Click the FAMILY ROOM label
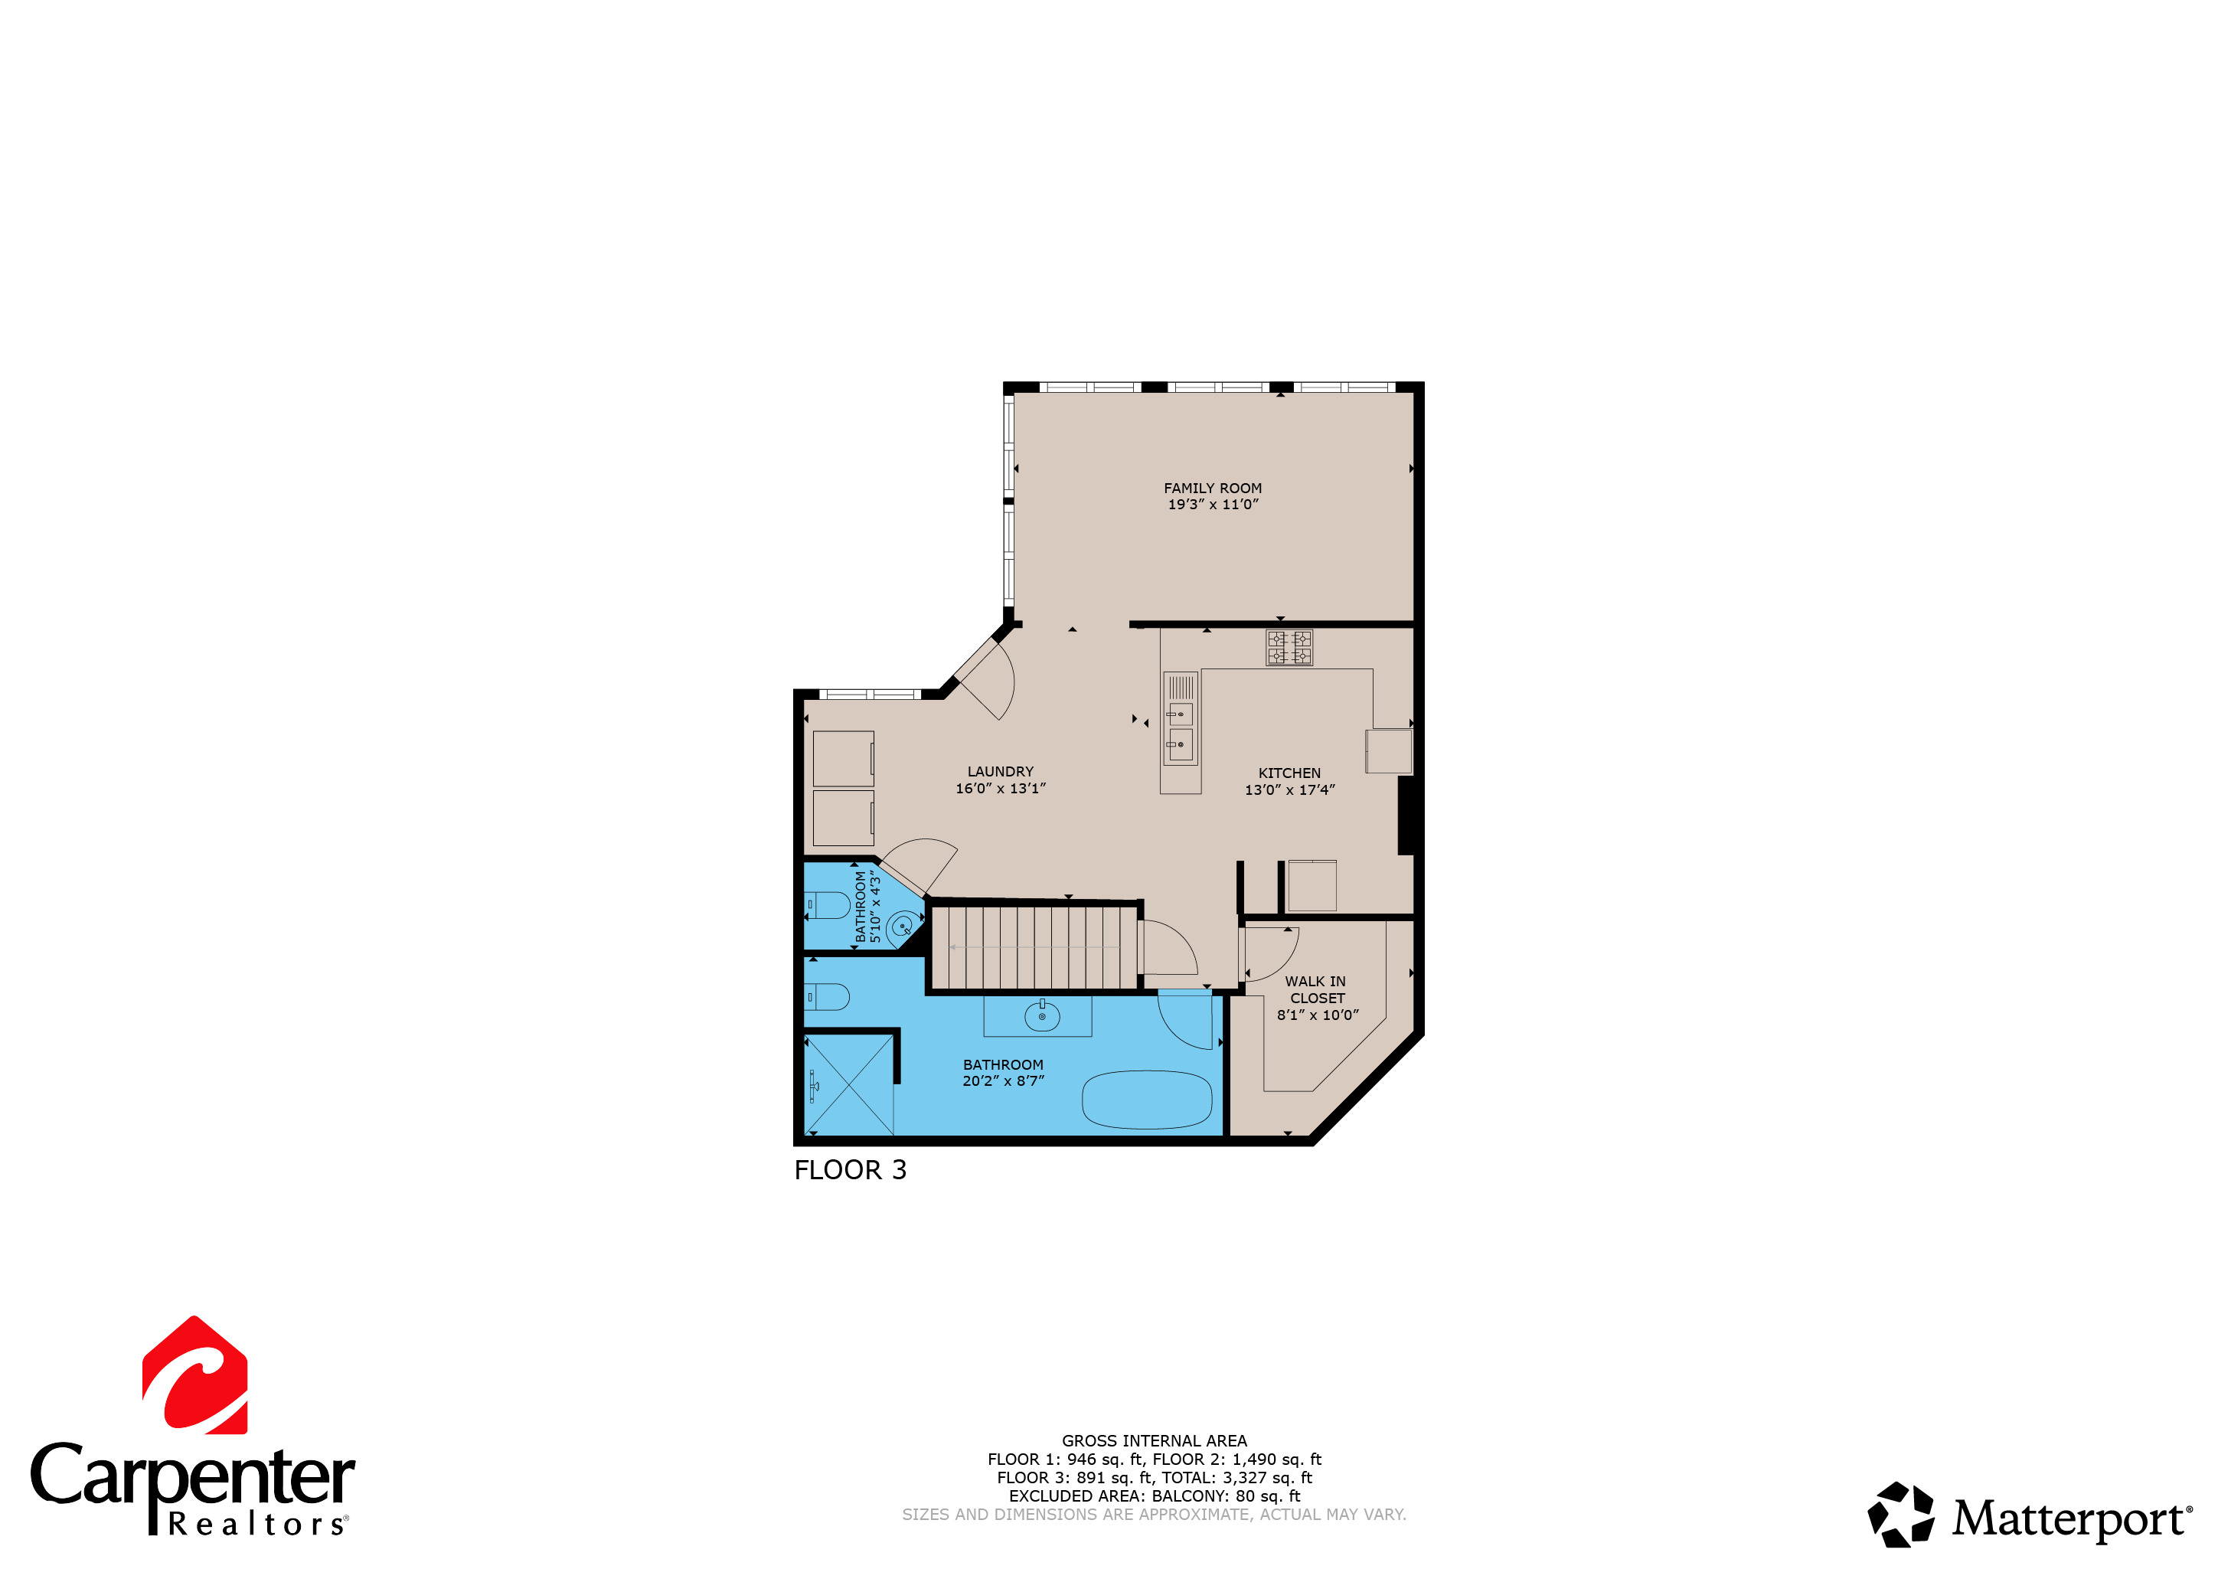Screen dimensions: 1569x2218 (x=1213, y=489)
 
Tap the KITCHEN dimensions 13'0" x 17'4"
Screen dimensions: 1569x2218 (x=1289, y=790)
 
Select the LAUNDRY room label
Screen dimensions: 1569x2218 (x=1000, y=772)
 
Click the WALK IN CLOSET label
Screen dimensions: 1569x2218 (x=1316, y=989)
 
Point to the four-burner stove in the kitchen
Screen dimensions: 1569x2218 (x=1289, y=647)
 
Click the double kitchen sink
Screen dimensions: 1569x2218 (x=1180, y=731)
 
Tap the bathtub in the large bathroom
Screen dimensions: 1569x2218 (x=1147, y=1100)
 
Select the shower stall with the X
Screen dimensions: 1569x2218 (x=849, y=1085)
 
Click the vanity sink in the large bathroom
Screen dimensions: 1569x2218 (x=1041, y=1016)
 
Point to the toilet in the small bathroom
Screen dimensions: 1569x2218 (x=829, y=905)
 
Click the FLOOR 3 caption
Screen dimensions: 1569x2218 (x=850, y=1170)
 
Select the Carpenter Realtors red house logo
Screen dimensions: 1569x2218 (x=195, y=1376)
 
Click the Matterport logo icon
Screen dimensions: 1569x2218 (x=1900, y=1515)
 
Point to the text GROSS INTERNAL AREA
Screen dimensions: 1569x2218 (x=1154, y=1440)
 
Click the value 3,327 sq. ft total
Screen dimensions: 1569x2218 (x=1266, y=1477)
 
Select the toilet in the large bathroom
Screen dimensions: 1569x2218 (x=828, y=996)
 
